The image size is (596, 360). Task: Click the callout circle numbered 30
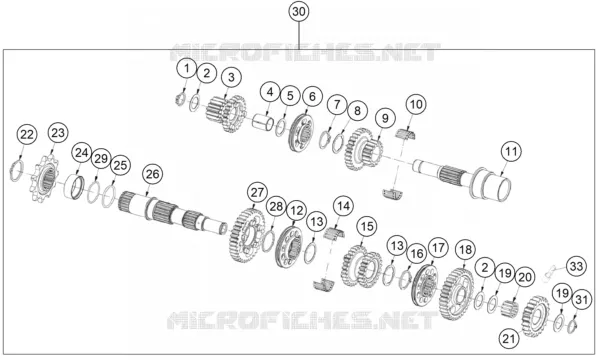click(x=299, y=12)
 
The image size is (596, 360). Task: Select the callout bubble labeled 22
click(x=27, y=135)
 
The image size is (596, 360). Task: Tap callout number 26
click(x=152, y=174)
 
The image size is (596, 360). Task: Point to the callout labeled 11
click(x=511, y=152)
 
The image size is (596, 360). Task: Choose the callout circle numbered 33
click(x=576, y=266)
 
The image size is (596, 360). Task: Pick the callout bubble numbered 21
click(x=509, y=338)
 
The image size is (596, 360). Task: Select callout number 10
click(x=416, y=104)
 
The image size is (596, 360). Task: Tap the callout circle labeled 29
click(x=101, y=159)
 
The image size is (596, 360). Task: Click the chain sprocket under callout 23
click(x=45, y=179)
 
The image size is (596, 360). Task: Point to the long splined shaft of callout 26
click(x=173, y=214)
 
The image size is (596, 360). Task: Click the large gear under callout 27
click(x=247, y=236)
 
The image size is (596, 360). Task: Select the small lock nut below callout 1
click(x=180, y=100)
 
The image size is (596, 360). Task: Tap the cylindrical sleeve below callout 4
click(x=263, y=122)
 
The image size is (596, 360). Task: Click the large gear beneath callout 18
click(x=457, y=294)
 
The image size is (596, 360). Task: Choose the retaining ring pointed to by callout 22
click(x=16, y=171)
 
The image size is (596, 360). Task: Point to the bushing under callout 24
click(x=75, y=187)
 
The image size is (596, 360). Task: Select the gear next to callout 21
click(x=536, y=316)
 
